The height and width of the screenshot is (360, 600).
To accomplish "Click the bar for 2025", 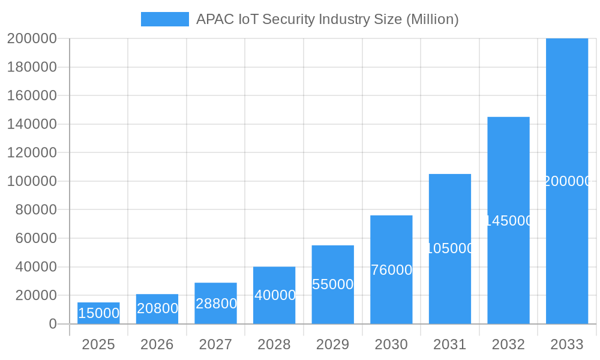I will (x=98, y=313).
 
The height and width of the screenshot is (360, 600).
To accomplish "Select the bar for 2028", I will (x=274, y=295).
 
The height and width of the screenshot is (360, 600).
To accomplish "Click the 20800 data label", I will (x=157, y=308).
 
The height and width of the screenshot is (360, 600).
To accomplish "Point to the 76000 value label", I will (x=391, y=270).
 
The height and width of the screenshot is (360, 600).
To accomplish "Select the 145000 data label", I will (x=508, y=221).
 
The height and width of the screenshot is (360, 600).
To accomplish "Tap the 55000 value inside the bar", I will (x=333, y=284).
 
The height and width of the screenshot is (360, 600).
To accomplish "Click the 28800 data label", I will (x=216, y=304).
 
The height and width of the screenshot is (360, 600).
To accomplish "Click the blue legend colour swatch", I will (x=164, y=19).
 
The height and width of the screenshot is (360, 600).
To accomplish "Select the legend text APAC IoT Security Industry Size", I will (x=328, y=19).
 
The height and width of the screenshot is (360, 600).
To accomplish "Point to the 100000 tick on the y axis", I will (x=32, y=181).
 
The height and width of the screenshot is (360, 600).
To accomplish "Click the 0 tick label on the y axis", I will (x=52, y=324).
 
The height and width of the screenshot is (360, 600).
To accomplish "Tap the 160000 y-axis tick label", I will (x=32, y=95).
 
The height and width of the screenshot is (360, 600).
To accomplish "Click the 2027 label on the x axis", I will (x=215, y=344).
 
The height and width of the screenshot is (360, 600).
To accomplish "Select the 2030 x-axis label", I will (x=391, y=344).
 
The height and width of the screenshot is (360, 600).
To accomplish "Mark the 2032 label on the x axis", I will (x=508, y=344).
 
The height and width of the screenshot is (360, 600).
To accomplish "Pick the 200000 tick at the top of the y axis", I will (x=32, y=39).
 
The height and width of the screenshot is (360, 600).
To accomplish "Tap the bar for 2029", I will (x=333, y=264).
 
